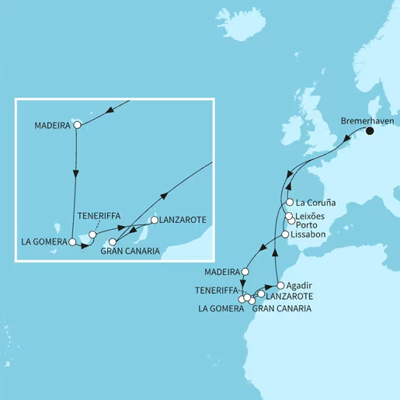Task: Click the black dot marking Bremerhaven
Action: (x=370, y=131)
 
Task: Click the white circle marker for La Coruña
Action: (x=289, y=203)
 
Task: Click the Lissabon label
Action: (x=310, y=235)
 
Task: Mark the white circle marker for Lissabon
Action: (x=285, y=235)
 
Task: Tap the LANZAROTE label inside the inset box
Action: (x=183, y=221)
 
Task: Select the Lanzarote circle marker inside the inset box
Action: (x=154, y=221)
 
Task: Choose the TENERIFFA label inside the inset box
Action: (x=99, y=217)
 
